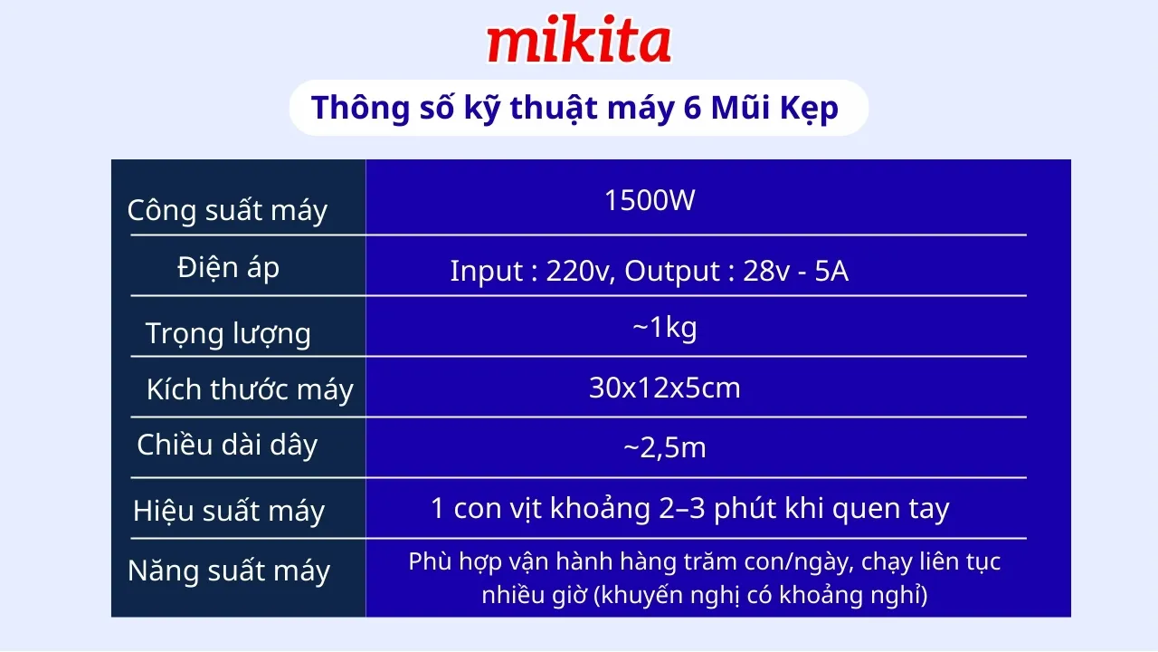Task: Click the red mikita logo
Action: pyautogui.click(x=579, y=43)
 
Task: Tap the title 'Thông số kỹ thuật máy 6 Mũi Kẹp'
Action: pyautogui.click(x=574, y=108)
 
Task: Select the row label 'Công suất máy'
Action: pyautogui.click(x=227, y=210)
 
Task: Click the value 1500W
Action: pyautogui.click(x=650, y=200)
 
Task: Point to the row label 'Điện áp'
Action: pyautogui.click(x=229, y=268)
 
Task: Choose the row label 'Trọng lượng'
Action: pyautogui.click(x=228, y=333)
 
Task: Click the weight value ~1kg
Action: pyautogui.click(x=664, y=328)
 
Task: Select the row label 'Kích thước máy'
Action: pyautogui.click(x=250, y=390)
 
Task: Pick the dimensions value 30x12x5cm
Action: pyautogui.click(x=664, y=388)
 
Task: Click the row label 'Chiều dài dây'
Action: pyautogui.click(x=227, y=445)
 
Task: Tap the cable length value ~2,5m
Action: pyautogui.click(x=664, y=448)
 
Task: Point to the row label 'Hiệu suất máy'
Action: pyautogui.click(x=228, y=512)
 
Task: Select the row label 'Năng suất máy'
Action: pyautogui.click(x=229, y=571)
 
